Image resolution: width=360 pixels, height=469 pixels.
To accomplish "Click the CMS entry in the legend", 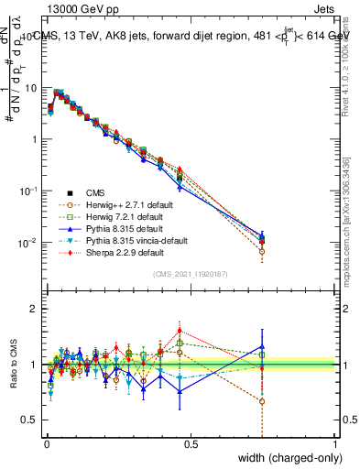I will click(95, 192).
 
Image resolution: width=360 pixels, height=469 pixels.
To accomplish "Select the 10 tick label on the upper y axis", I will click(31, 88).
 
